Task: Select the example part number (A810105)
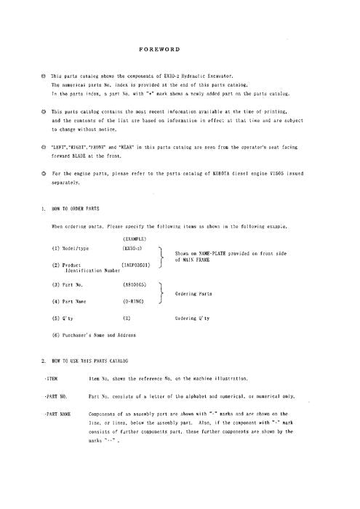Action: tap(136, 285)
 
